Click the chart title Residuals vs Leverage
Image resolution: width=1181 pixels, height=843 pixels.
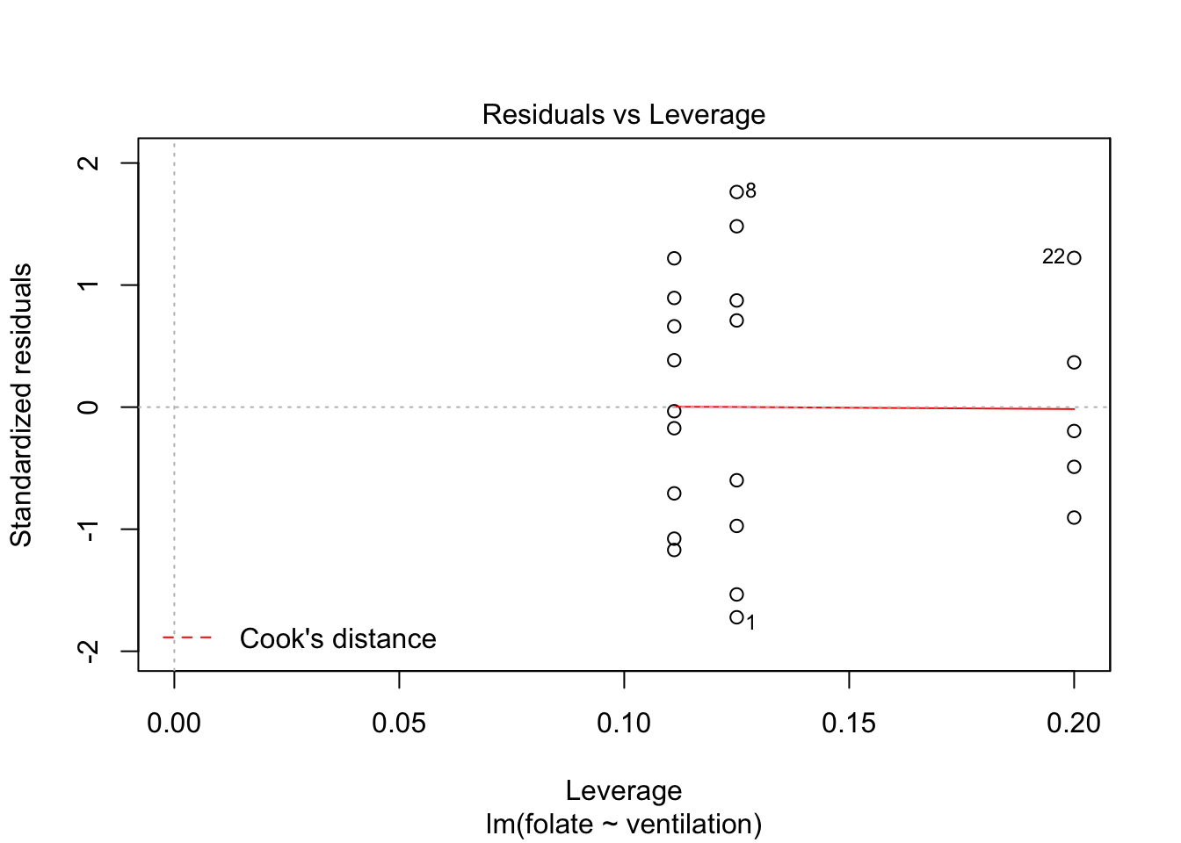coord(623,115)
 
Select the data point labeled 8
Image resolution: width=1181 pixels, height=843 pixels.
coord(736,192)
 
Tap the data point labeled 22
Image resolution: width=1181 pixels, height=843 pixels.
coord(1074,258)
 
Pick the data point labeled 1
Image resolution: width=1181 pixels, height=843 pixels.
coord(736,617)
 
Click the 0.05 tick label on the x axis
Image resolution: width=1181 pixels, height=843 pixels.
coord(399,724)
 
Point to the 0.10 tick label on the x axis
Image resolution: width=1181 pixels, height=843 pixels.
coord(624,724)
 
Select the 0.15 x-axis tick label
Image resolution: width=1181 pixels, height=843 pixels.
coord(849,724)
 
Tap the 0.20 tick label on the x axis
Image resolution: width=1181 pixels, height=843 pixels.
coord(1074,724)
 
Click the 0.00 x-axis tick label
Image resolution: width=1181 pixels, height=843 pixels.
coord(174,724)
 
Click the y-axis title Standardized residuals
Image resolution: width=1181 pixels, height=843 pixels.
coord(21,405)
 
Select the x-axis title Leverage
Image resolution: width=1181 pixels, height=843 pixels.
coord(623,791)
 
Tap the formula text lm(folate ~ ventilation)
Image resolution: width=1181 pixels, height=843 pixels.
coord(623,825)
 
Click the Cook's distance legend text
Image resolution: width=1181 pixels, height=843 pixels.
coord(337,638)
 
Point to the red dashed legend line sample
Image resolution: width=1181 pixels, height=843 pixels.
coord(187,638)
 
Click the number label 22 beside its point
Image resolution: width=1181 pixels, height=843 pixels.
coord(1054,257)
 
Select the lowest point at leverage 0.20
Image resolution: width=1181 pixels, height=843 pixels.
coord(1074,518)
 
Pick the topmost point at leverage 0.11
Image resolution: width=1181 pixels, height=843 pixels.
coord(674,258)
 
